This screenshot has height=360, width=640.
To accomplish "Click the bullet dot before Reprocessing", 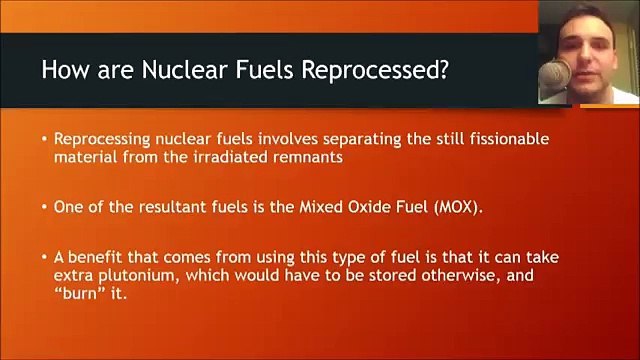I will coord(44,138).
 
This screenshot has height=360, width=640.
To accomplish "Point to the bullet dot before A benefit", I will coord(44,258).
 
